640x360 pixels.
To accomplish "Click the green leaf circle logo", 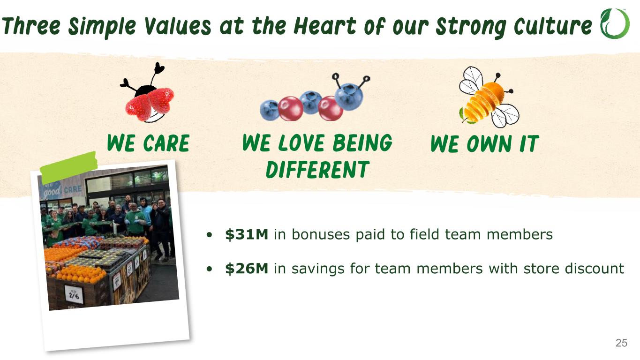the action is point(615,24).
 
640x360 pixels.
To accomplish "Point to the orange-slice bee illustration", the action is point(489,97).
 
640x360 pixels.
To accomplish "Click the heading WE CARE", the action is point(148,143).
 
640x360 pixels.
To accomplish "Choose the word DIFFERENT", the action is point(317,169).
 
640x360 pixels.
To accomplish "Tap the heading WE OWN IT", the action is point(485,144).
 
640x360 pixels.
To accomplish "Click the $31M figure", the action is point(247,234).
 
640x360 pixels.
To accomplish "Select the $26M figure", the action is point(247,268).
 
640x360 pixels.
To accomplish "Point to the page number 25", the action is point(621,343).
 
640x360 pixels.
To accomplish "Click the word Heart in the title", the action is point(324,26).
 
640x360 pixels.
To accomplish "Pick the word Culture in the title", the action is point(553,26).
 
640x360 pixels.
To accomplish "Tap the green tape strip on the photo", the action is point(69,168).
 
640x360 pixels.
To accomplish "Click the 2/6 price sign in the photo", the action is point(74,294).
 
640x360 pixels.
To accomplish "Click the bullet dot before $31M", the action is point(210,235).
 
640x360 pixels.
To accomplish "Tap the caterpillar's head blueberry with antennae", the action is point(349,96).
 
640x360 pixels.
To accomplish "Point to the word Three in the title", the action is point(31,26).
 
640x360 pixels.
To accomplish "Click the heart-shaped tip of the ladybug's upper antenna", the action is point(159,67).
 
